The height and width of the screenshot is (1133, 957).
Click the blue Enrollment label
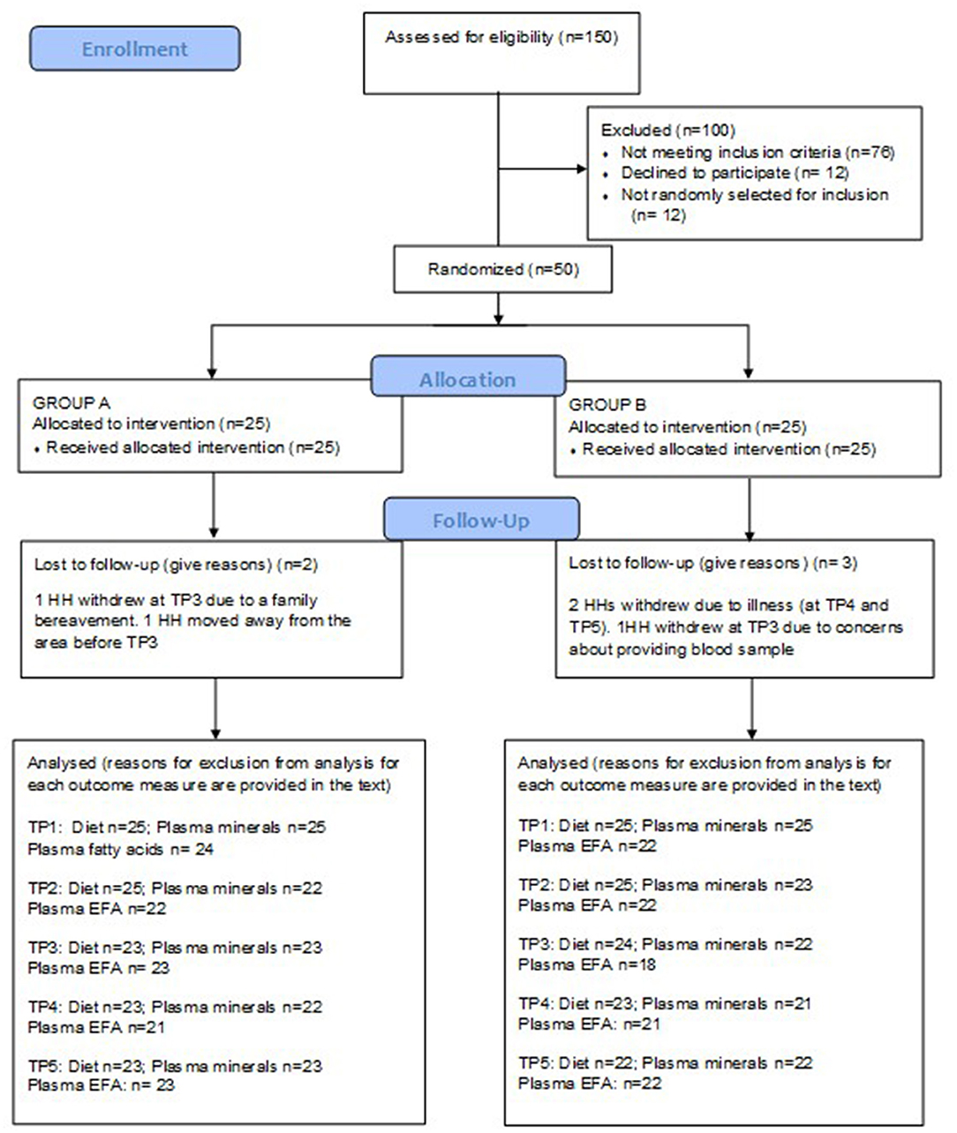coord(134,49)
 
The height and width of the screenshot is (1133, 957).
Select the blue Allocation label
coord(467,379)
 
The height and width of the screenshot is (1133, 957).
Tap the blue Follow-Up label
coord(481,520)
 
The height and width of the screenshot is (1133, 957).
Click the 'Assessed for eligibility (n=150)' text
coord(501,37)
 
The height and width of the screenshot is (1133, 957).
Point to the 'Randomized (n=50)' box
coord(502,269)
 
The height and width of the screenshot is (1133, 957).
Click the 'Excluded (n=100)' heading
coord(667,130)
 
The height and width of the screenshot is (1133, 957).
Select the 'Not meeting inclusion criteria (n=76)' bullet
coord(757,152)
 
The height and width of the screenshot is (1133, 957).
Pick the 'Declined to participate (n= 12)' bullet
coord(734,173)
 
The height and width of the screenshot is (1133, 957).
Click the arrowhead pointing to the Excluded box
coord(580,169)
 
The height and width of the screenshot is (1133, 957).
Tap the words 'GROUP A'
coord(71,402)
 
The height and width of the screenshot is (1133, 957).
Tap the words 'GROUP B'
coord(607,405)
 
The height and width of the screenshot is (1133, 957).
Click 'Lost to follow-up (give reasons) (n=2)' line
coord(175,564)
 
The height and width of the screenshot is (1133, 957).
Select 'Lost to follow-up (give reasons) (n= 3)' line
coord(712,563)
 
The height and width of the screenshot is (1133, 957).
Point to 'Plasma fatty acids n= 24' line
coord(121,850)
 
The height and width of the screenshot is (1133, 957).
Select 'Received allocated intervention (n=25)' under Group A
coord(192,447)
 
